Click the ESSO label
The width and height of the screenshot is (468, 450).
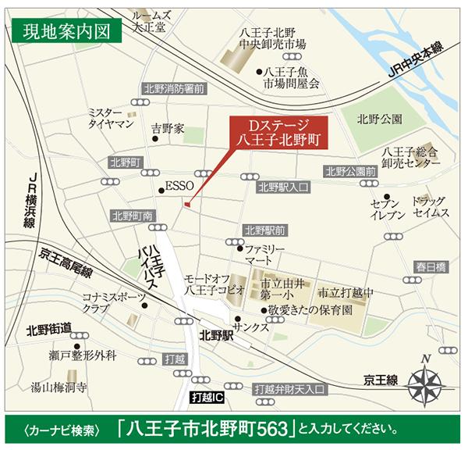(175, 187)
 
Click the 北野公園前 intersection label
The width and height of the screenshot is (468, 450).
(351, 172)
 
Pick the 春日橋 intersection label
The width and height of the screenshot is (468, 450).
(430, 267)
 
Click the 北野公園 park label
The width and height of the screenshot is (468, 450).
(379, 120)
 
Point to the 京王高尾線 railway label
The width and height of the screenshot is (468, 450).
(66, 262)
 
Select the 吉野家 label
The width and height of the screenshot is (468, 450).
(168, 128)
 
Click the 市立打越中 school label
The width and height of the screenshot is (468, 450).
(347, 292)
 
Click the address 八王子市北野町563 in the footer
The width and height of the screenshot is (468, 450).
(207, 429)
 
